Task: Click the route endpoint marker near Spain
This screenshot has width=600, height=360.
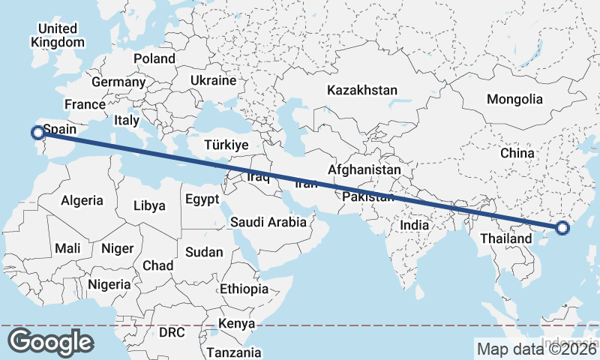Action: pyautogui.click(x=37, y=133)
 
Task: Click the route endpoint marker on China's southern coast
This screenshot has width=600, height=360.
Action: pyautogui.click(x=563, y=229)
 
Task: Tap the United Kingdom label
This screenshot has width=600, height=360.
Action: pyautogui.click(x=58, y=35)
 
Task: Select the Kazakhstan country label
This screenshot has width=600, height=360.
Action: pyautogui.click(x=361, y=90)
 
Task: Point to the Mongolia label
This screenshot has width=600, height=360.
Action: pyautogui.click(x=514, y=99)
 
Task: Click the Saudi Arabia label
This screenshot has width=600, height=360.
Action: pyautogui.click(x=268, y=222)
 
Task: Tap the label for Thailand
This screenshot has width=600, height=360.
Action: pyautogui.click(x=500, y=238)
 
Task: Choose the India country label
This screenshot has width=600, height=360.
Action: pyautogui.click(x=414, y=224)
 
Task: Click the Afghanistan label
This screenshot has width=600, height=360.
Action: pyautogui.click(x=364, y=170)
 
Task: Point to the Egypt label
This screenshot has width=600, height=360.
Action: pyautogui.click(x=202, y=199)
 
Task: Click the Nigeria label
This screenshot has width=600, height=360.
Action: pyautogui.click(x=109, y=284)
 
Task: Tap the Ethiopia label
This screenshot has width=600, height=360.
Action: pyautogui.click(x=244, y=289)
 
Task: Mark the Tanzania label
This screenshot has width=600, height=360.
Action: pyautogui.click(x=234, y=352)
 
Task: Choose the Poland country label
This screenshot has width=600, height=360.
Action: pyautogui.click(x=154, y=58)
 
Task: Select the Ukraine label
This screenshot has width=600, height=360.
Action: pyautogui.click(x=213, y=80)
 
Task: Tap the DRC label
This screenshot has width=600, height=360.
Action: pyautogui.click(x=171, y=331)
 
